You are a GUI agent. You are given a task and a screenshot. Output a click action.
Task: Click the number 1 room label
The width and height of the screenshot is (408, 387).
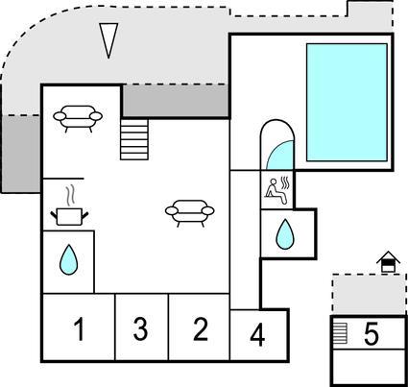point(79,328)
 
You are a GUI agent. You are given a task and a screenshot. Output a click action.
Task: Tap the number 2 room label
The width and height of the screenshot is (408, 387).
point(201,328)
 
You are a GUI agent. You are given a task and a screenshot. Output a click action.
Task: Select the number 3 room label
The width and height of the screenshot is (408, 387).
point(140,328)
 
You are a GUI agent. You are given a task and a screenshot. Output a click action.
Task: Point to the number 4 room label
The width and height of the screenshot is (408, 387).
point(257,335)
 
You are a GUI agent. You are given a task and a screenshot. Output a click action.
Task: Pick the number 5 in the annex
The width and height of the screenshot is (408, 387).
point(372,333)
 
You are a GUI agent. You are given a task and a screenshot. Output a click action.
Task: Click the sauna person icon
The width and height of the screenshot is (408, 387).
point(277,191)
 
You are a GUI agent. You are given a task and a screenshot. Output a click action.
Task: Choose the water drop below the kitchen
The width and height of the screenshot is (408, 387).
point(68,259)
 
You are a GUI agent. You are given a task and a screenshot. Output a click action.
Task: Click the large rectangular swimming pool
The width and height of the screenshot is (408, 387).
point(347,103)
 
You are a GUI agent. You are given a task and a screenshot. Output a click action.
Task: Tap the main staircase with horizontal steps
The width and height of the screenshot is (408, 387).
point(134,139)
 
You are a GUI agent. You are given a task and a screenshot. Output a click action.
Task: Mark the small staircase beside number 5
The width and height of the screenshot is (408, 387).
point(340,333)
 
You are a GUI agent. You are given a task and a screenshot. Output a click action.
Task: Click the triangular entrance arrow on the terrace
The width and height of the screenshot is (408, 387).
point(108,40)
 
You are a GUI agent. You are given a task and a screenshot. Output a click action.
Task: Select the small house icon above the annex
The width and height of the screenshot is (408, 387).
point(388,262)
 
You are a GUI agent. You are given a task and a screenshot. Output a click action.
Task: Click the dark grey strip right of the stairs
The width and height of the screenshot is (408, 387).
point(176,101)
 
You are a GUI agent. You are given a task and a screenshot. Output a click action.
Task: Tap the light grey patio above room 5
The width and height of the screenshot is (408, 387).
point(370,294)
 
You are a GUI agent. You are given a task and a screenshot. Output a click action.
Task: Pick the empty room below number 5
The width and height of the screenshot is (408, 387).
point(370,367)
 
